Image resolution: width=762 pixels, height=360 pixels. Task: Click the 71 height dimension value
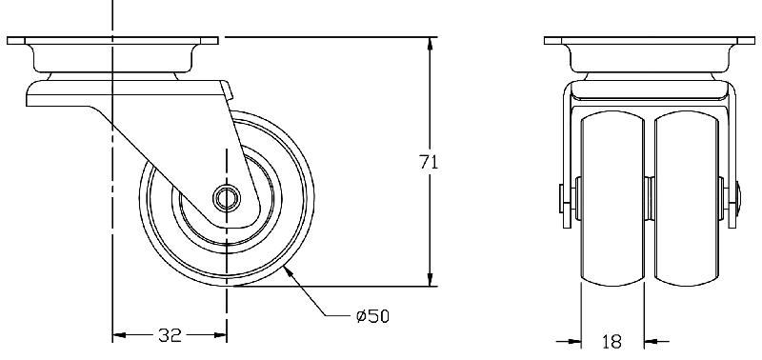tap(429, 162)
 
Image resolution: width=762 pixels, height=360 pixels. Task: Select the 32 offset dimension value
tap(170, 334)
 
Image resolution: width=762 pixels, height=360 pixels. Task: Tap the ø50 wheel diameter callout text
tap(372, 317)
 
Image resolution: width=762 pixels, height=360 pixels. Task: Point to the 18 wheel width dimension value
tap(612, 342)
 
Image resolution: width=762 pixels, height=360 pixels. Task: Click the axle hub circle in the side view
tap(227, 198)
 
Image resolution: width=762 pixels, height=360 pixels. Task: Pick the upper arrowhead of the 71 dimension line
tap(430, 43)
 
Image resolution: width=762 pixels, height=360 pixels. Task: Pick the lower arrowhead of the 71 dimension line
tap(430, 279)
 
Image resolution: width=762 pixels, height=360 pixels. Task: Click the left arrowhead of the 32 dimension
tap(119, 334)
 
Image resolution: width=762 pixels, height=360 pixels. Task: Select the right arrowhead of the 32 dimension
tap(220, 334)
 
